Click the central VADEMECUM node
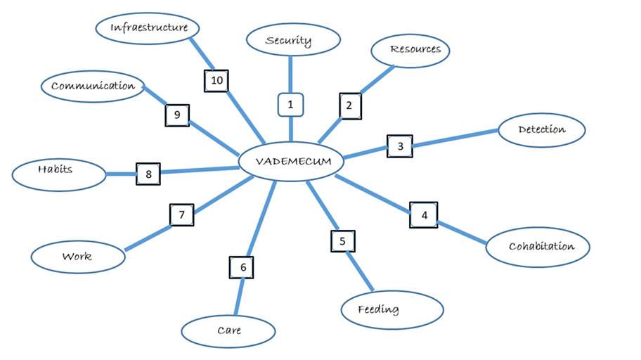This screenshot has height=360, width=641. click(291, 162)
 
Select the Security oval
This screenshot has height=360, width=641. click(289, 41)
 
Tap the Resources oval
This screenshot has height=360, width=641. click(410, 50)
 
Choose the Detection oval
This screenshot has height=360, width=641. click(541, 130)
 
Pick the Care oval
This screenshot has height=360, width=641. click(228, 330)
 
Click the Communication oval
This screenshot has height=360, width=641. click(93, 86)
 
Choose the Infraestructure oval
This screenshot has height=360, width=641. click(149, 28)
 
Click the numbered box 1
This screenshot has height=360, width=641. click(290, 105)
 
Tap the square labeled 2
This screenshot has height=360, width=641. click(349, 106)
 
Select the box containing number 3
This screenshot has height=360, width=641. click(400, 147)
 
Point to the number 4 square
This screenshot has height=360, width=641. click(424, 214)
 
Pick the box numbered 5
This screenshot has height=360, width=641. click(342, 241)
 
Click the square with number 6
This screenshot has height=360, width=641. click(242, 267)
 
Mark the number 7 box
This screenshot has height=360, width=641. click(181, 214)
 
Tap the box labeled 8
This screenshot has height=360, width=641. click(148, 173)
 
